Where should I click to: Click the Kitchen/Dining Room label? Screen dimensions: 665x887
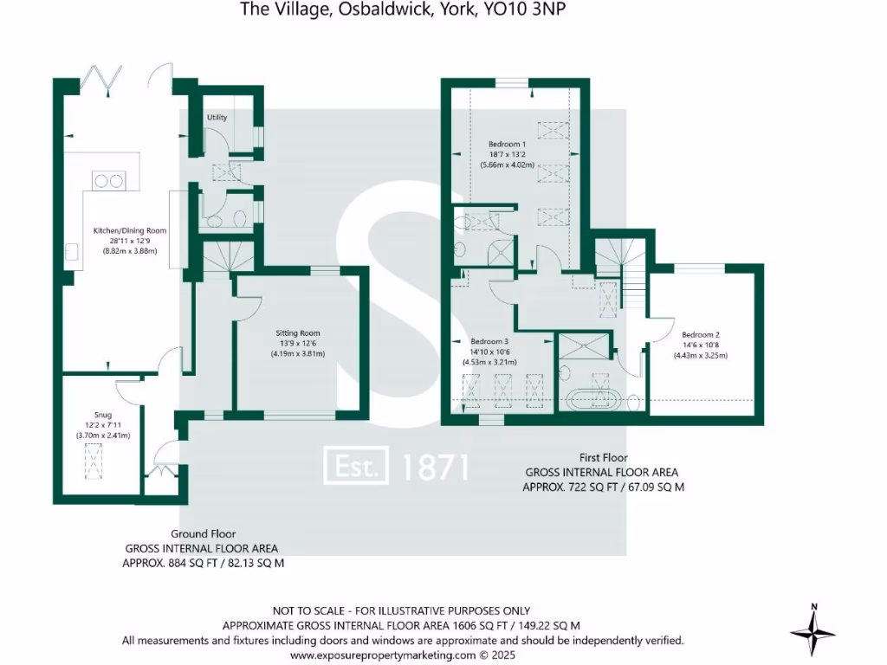(130, 230)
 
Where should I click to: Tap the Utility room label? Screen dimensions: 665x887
(217, 117)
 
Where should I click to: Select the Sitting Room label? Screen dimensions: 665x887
(298, 332)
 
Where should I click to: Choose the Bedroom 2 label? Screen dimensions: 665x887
(701, 335)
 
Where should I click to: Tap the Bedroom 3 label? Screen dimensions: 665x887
(489, 341)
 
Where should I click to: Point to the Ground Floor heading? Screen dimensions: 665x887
(203, 533)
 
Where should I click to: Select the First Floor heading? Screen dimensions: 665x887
(602, 457)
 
